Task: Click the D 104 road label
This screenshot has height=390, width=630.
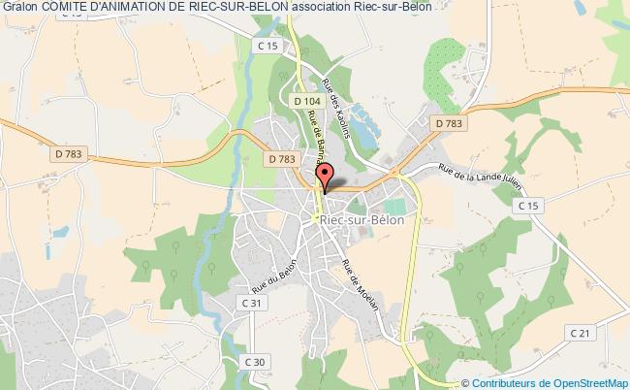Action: coord(306,100)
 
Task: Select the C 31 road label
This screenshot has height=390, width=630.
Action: coord(254,304)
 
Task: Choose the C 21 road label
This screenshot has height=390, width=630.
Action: coord(580,334)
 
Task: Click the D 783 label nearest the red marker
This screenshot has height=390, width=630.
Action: coord(281,158)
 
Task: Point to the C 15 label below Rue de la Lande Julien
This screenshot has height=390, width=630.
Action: coord(528,207)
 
